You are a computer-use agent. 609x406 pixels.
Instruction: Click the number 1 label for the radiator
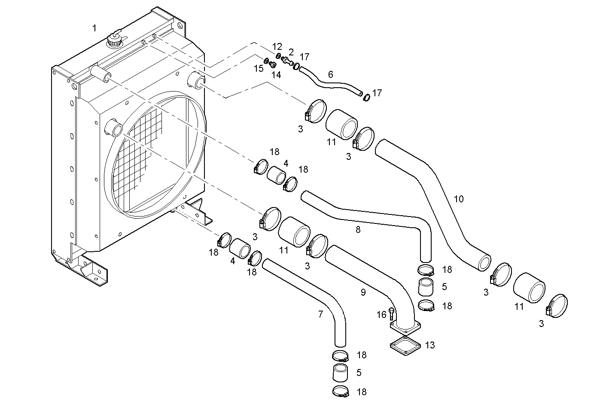94,28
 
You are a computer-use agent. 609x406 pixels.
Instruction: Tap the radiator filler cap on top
114,42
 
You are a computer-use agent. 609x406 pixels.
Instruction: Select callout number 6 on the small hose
330,74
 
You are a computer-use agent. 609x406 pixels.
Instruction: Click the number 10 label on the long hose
459,199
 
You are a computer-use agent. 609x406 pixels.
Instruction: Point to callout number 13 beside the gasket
429,345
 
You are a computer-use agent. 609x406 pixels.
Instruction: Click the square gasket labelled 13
405,345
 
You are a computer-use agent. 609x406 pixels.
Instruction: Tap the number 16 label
381,315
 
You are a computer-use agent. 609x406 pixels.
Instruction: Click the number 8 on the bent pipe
358,230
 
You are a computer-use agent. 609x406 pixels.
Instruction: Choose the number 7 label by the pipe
320,314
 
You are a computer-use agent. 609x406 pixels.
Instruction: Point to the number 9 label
363,293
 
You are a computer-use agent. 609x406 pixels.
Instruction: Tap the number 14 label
276,75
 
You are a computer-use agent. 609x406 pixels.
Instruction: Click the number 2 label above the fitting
291,52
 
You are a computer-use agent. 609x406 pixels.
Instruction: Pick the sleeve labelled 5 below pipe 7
340,372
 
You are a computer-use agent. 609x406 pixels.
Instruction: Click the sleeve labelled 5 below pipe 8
426,287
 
